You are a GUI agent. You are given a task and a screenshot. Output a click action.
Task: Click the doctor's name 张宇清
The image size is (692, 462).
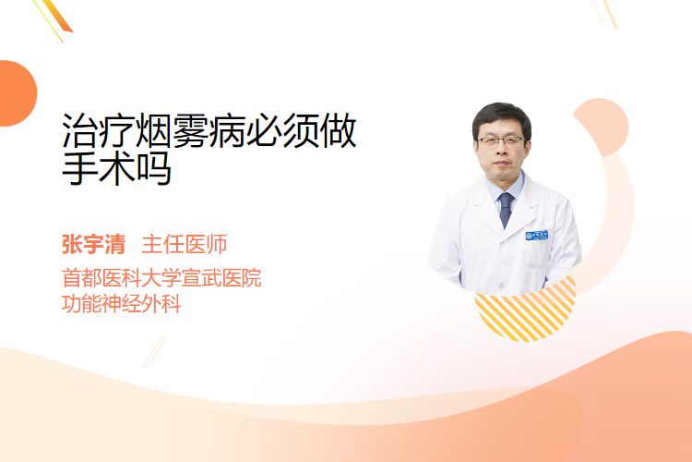[x=93, y=245]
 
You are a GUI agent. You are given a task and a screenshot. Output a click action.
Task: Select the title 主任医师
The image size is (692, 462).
[x=184, y=245]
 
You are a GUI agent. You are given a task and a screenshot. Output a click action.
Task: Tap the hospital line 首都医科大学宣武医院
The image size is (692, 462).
[x=161, y=277]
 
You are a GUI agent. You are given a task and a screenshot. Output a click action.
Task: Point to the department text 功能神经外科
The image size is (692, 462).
[x=122, y=304]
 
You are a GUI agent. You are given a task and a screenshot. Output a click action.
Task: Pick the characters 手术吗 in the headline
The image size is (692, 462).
[x=116, y=168]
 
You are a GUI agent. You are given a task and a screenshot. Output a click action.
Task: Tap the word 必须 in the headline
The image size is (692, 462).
[x=281, y=130]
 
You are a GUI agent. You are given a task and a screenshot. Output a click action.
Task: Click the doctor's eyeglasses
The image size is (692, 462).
[x=501, y=141]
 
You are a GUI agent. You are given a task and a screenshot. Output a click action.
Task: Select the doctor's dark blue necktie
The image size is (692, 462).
[x=506, y=209]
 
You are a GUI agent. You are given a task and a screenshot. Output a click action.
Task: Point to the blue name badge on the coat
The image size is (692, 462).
[x=537, y=235]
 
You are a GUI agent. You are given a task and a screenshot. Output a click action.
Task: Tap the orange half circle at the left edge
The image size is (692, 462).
[x=17, y=93]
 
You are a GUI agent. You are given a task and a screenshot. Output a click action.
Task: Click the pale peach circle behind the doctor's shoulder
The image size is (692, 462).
[x=602, y=126]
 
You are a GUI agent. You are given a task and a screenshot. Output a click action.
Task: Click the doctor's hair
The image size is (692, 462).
[x=501, y=115]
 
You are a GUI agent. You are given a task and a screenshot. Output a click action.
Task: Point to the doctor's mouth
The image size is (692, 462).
[x=502, y=164]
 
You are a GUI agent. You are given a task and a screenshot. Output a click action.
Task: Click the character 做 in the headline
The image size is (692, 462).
[x=338, y=130]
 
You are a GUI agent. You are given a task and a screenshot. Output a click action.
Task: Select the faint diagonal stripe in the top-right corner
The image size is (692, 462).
[x=605, y=12]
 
